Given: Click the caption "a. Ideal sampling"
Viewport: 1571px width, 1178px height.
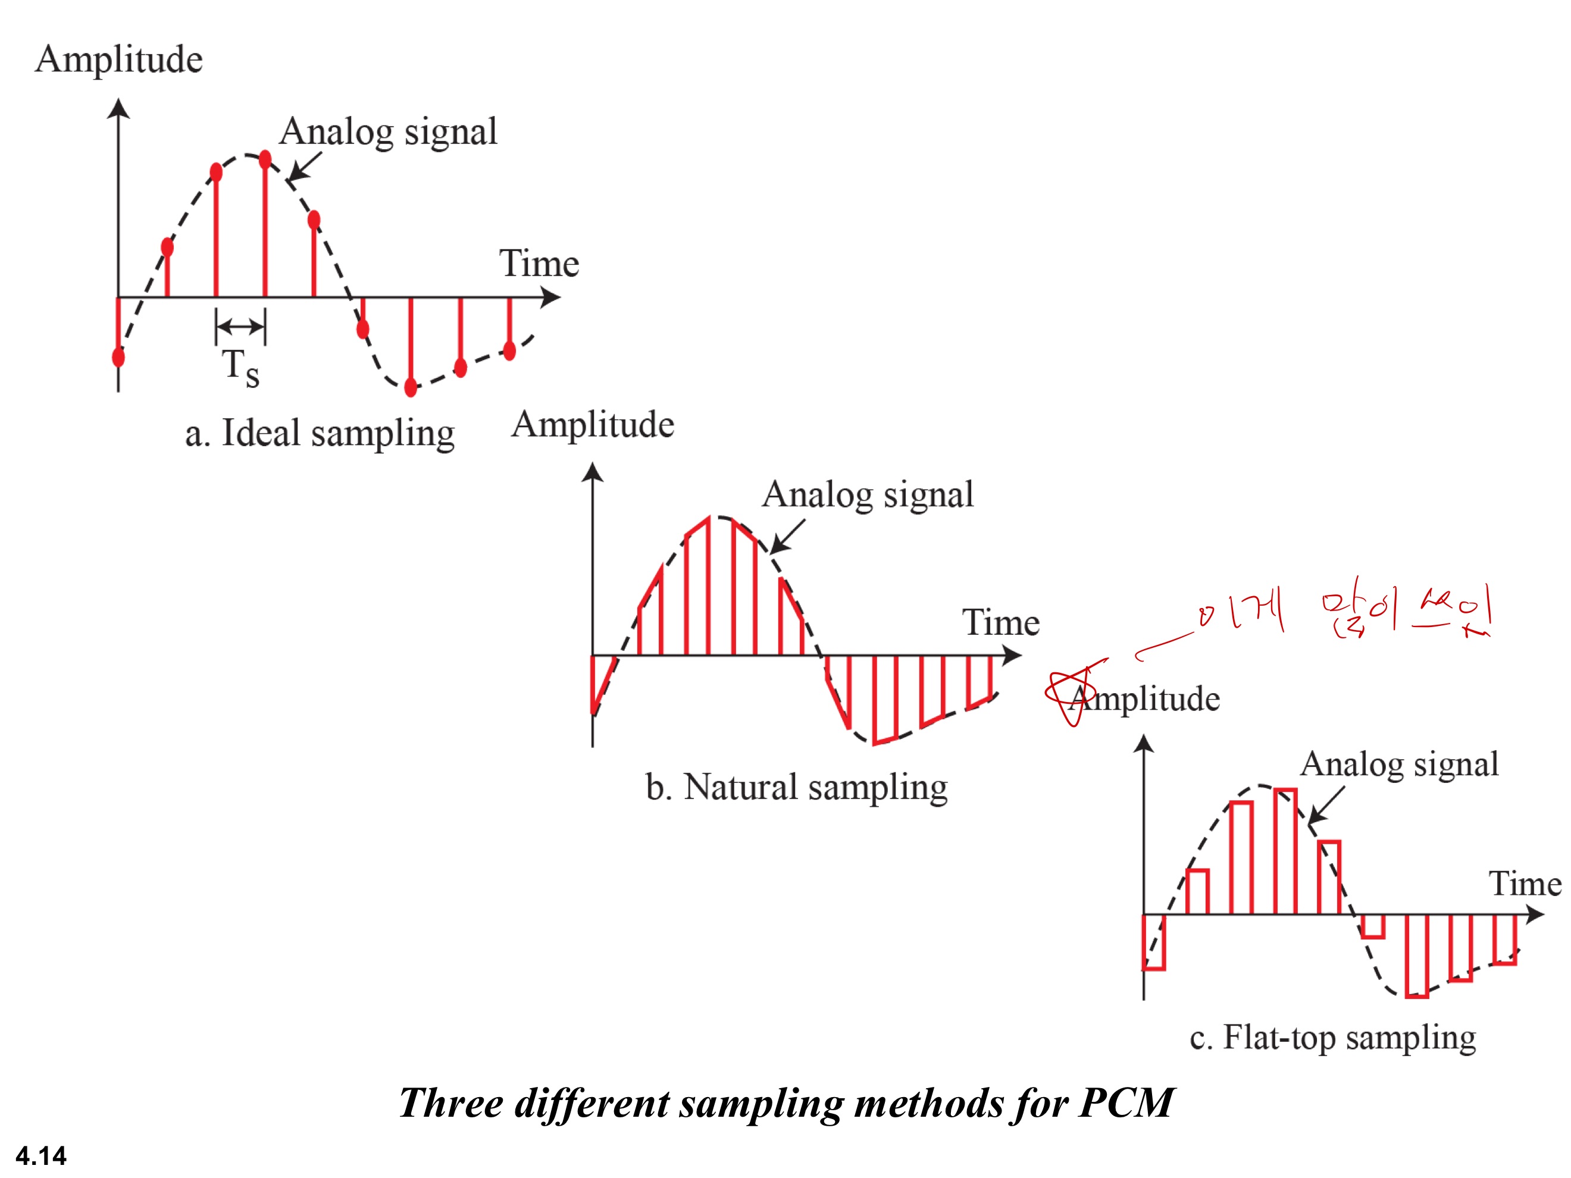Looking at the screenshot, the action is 320,433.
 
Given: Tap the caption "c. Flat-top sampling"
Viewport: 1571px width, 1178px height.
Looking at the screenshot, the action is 1332,1038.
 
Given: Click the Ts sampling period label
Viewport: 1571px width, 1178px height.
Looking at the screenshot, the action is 240,366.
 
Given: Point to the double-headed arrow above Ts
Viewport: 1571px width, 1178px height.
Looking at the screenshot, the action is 240,327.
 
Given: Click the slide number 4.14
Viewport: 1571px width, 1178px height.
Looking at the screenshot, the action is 40,1155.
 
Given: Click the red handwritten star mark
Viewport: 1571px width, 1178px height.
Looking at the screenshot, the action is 1071,693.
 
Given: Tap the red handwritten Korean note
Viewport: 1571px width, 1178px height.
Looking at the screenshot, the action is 1342,612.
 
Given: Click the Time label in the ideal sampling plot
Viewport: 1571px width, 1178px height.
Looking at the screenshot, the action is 539,264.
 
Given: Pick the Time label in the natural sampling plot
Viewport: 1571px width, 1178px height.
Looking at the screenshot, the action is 1001,623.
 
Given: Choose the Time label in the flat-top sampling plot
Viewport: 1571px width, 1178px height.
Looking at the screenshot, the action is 1524,884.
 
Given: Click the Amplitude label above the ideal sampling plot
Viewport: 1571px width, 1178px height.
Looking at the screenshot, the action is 118,59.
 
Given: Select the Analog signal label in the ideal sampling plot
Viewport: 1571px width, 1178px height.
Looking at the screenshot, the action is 388,132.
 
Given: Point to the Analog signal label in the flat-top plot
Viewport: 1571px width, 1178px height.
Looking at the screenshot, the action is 1399,765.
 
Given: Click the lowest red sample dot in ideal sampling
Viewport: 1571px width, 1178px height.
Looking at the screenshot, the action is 411,387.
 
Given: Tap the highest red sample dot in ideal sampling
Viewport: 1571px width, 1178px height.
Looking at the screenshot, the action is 265,159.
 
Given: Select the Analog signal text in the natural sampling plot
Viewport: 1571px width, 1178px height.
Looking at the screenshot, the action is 867,495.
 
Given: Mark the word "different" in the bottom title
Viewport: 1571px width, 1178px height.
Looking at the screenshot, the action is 592,1102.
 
